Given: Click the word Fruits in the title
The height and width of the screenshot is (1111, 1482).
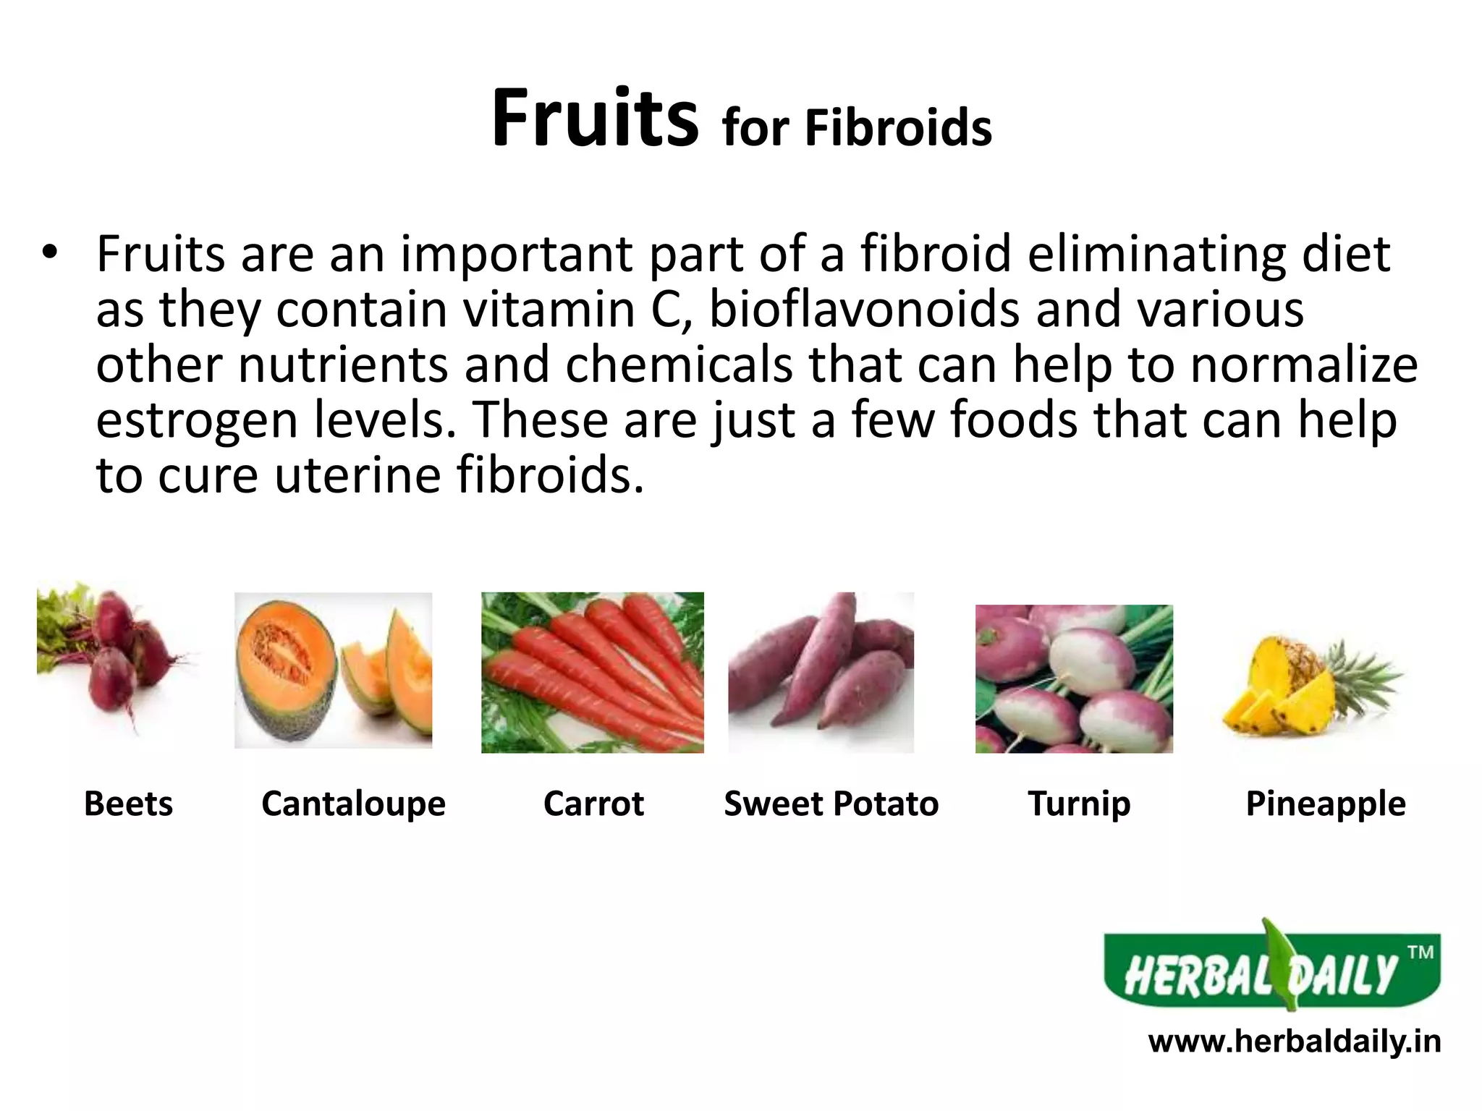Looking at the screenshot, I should click(x=595, y=119).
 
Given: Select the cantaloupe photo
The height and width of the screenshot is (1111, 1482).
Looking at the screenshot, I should click(x=333, y=670).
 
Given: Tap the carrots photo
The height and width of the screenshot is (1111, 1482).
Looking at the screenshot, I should click(x=592, y=673).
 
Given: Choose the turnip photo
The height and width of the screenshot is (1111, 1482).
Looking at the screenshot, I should click(x=1074, y=678).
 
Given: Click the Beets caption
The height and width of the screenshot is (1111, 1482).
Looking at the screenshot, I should click(x=128, y=804).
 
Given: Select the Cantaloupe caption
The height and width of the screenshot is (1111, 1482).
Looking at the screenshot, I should click(x=353, y=804).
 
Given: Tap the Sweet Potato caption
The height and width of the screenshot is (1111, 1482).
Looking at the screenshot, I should click(x=831, y=804).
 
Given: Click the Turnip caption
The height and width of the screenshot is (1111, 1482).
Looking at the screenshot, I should click(x=1079, y=804).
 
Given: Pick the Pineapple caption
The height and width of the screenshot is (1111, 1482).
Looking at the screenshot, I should click(x=1325, y=804).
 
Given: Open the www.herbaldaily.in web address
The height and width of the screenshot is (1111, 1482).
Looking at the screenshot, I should click(x=1295, y=1042).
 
